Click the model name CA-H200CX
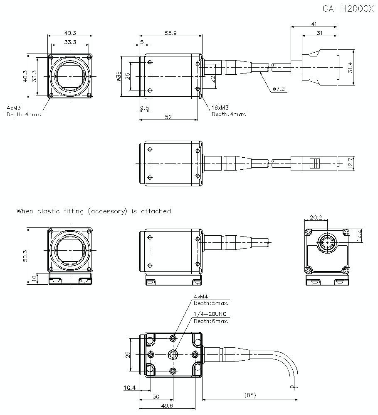click(348, 9)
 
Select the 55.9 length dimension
click(170, 33)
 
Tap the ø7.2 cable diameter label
click(279, 89)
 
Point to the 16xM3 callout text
click(220, 107)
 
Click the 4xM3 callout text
click(14, 108)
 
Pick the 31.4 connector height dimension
click(350, 67)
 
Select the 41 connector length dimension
click(314, 24)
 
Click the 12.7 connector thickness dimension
click(350, 163)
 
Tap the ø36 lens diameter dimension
click(119, 77)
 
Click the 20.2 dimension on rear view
click(316, 217)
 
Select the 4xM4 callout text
click(201, 296)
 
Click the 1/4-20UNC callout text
click(210, 314)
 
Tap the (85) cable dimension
click(250, 395)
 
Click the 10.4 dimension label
click(129, 388)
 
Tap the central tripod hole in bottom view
click(173, 354)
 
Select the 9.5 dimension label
click(145, 107)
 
